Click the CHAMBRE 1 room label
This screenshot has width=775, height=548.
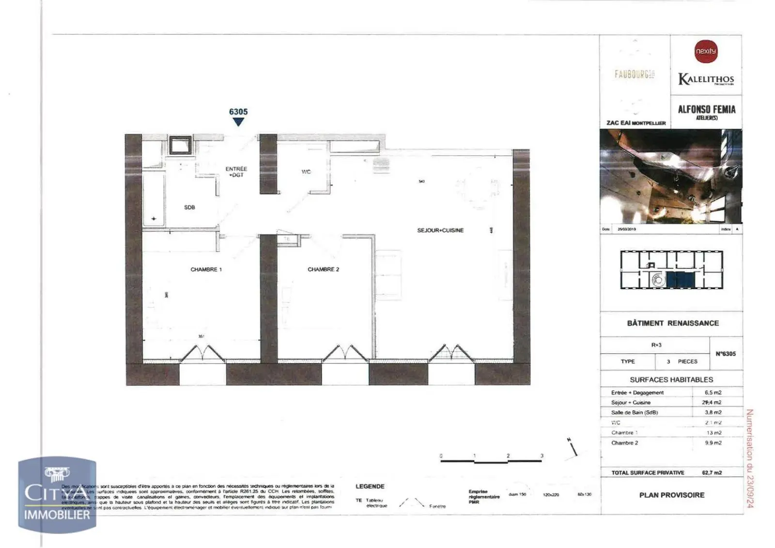tap(206, 269)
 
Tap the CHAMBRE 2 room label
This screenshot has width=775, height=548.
tap(323, 269)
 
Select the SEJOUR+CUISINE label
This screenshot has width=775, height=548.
tap(440, 230)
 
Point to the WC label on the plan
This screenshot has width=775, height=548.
tap(306, 172)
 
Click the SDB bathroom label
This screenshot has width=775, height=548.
tap(189, 207)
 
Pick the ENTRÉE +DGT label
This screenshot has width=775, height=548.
tap(236, 172)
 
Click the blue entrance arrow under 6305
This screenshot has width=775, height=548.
tap(238, 122)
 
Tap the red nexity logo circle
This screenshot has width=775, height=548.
tap(706, 51)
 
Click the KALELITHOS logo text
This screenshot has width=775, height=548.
tap(706, 79)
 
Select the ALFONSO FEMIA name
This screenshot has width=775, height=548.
tap(707, 110)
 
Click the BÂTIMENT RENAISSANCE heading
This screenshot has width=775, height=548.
tap(673, 323)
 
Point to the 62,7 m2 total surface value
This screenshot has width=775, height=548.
tap(712, 472)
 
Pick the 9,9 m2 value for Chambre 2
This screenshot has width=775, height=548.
tap(713, 443)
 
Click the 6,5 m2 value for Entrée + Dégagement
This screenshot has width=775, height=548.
tap(713, 392)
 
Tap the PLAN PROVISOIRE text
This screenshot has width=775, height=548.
tap(672, 495)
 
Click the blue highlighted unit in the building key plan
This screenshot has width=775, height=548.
tap(681, 280)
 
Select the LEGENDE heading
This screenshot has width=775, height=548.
tap(370, 486)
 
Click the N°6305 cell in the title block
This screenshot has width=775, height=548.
tap(726, 354)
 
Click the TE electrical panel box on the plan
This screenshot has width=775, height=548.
tap(287, 239)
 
